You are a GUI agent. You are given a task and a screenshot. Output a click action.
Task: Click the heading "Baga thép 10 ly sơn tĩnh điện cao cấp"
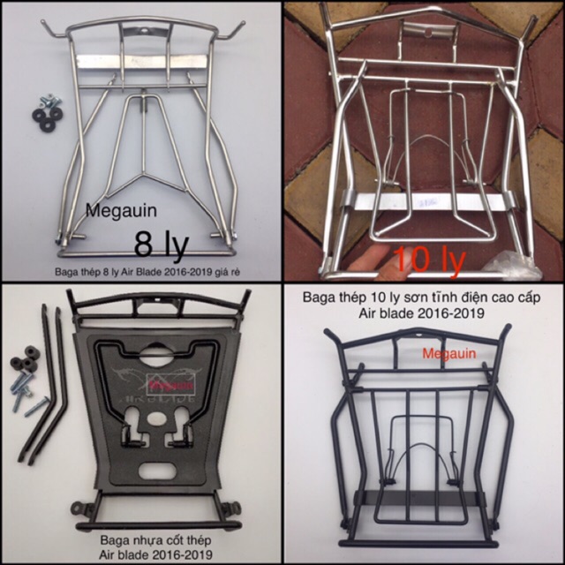click(x=424, y=298)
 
